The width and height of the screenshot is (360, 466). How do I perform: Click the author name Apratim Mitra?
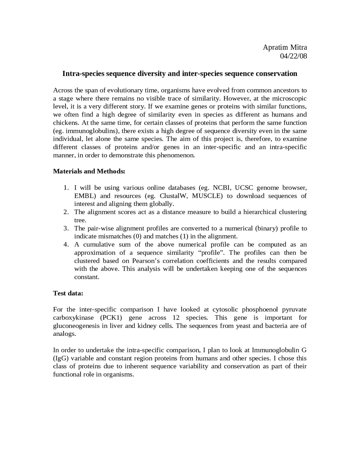[x=285, y=47]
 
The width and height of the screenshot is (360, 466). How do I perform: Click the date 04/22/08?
[x=293, y=56]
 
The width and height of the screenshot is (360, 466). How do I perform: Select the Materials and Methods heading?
[x=89, y=171]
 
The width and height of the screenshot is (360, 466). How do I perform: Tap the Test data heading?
[x=68, y=293]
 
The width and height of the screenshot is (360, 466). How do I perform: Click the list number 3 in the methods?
[x=66, y=228]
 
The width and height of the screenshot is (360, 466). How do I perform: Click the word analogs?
[x=64, y=334]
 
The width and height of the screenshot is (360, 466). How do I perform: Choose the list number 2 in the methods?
[x=66, y=212]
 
